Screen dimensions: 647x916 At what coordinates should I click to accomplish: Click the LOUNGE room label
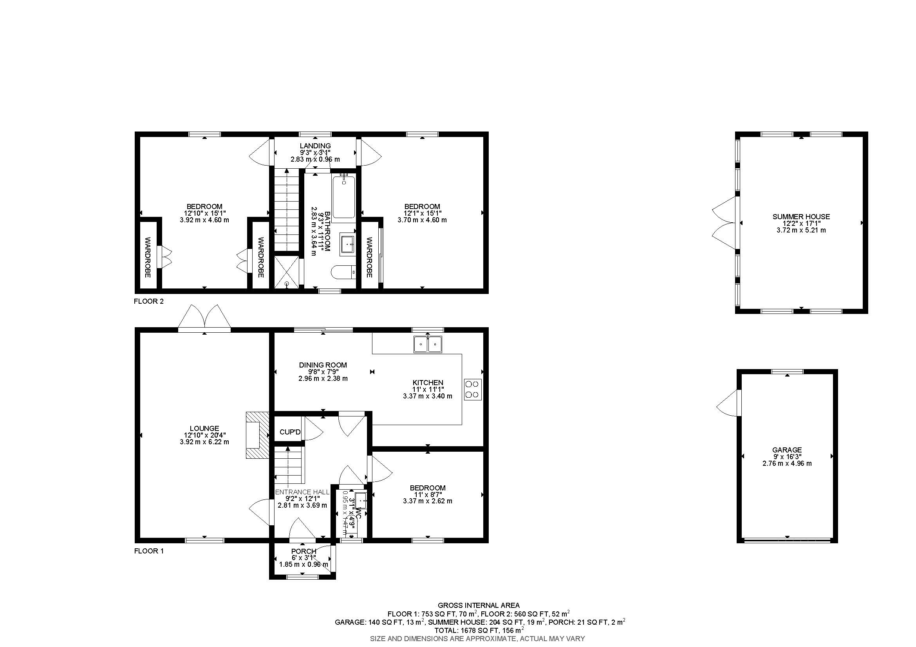[204, 429]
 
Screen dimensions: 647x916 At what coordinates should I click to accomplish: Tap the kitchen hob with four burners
[473, 389]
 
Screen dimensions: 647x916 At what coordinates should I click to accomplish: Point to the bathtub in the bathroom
[343, 197]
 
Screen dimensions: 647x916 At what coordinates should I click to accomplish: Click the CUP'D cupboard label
[290, 432]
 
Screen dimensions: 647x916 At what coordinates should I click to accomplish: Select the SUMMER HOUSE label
[801, 216]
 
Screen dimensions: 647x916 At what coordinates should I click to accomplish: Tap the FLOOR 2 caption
[148, 301]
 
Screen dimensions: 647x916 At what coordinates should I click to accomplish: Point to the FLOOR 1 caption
[148, 551]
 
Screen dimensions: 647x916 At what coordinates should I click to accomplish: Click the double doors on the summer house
[723, 223]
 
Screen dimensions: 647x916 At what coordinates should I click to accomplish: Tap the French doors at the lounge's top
[204, 319]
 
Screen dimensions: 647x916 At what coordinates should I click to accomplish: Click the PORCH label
[303, 551]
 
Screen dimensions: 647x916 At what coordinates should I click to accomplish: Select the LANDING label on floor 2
[315, 146]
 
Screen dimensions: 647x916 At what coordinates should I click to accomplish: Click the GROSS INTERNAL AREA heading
[478, 605]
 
